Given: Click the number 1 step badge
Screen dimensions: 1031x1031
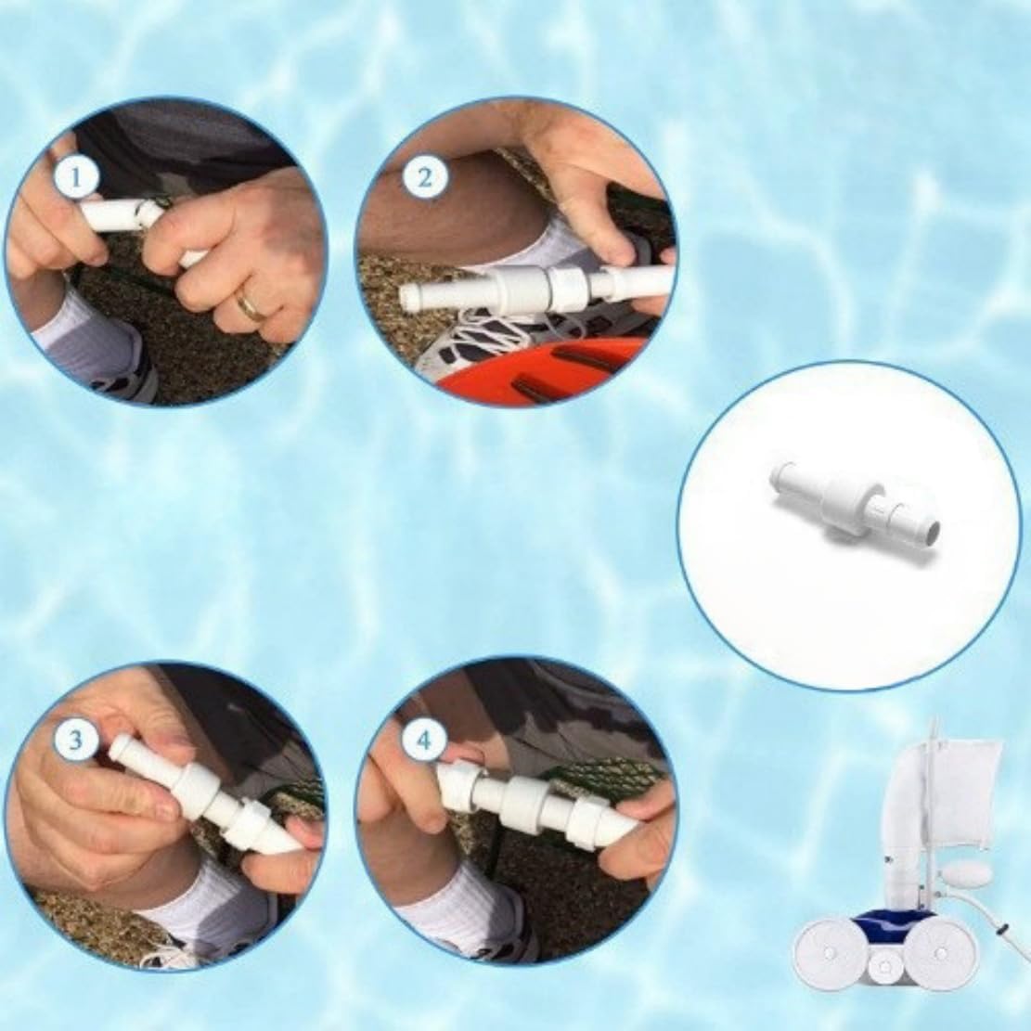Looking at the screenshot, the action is coord(76,178).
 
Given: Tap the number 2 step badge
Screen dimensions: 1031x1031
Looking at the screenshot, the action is coord(424,177).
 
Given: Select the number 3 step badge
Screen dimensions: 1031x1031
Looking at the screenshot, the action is coord(76,740).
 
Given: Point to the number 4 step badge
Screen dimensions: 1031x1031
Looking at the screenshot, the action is coord(424,740).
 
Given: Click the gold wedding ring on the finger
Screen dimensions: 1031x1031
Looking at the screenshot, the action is coord(252,304).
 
